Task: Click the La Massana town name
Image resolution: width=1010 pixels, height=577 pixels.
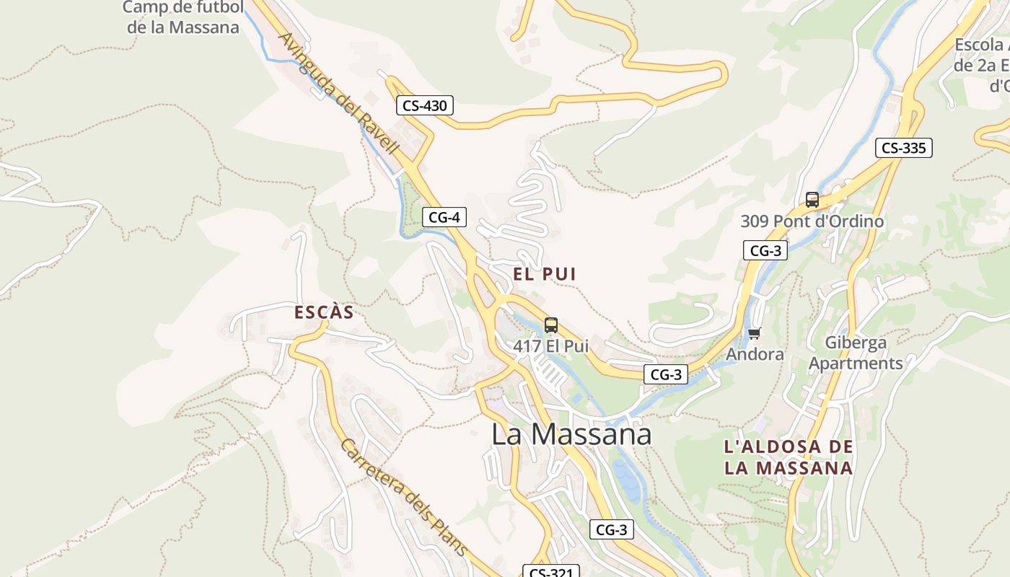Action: pos(571,434)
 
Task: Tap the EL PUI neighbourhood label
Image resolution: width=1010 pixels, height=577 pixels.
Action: pos(545,274)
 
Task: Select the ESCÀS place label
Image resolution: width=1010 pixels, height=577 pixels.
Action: pos(324,312)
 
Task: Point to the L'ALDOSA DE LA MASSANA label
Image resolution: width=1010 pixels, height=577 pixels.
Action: pos(789,457)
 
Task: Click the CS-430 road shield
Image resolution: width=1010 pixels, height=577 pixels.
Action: pos(425,105)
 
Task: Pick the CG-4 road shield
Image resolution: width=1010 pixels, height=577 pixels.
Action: pos(444,216)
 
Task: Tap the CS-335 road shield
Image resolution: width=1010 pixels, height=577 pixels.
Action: pos(904,148)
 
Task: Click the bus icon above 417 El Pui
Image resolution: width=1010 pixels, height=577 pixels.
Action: pos(551,325)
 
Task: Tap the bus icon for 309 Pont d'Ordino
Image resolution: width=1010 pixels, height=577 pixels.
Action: pos(812,200)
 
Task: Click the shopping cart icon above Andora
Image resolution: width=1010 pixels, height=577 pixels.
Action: pos(755,333)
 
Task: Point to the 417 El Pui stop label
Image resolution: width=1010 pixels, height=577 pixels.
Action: pos(551,346)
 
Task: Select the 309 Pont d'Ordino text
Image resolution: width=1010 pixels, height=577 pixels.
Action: pos(812,221)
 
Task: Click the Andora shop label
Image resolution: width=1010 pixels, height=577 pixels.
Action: pos(755,354)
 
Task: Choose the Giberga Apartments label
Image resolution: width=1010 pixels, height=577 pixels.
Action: pos(856,353)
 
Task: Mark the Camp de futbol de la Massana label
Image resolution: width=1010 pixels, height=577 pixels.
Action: pos(183,17)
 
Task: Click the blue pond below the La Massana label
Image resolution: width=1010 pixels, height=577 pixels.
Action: pos(627,479)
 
